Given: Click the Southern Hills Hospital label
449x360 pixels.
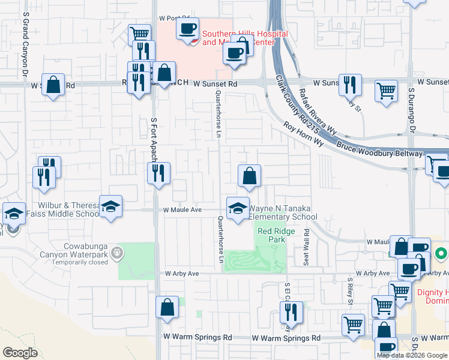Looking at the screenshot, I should coord(244,38).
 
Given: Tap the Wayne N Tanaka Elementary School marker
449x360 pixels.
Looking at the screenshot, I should coord(238,208).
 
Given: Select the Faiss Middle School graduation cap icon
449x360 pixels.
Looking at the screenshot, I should coord(111,208).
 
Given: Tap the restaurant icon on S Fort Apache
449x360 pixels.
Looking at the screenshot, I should coord(159,174).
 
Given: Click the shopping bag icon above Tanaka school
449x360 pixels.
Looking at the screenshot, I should coord(249,176).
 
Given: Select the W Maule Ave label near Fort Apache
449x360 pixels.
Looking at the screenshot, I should coord(182,210).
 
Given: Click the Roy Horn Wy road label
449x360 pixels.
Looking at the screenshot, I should coord(304,135).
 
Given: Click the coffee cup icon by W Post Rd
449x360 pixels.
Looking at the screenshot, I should coord(187,28).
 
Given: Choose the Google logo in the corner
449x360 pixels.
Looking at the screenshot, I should coord(20,353).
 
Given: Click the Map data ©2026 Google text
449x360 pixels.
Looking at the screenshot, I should coord(411,355).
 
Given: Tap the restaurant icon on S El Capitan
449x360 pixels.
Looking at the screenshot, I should coord(291,313).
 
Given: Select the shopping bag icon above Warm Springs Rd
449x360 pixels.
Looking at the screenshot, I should coord(167,307).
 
